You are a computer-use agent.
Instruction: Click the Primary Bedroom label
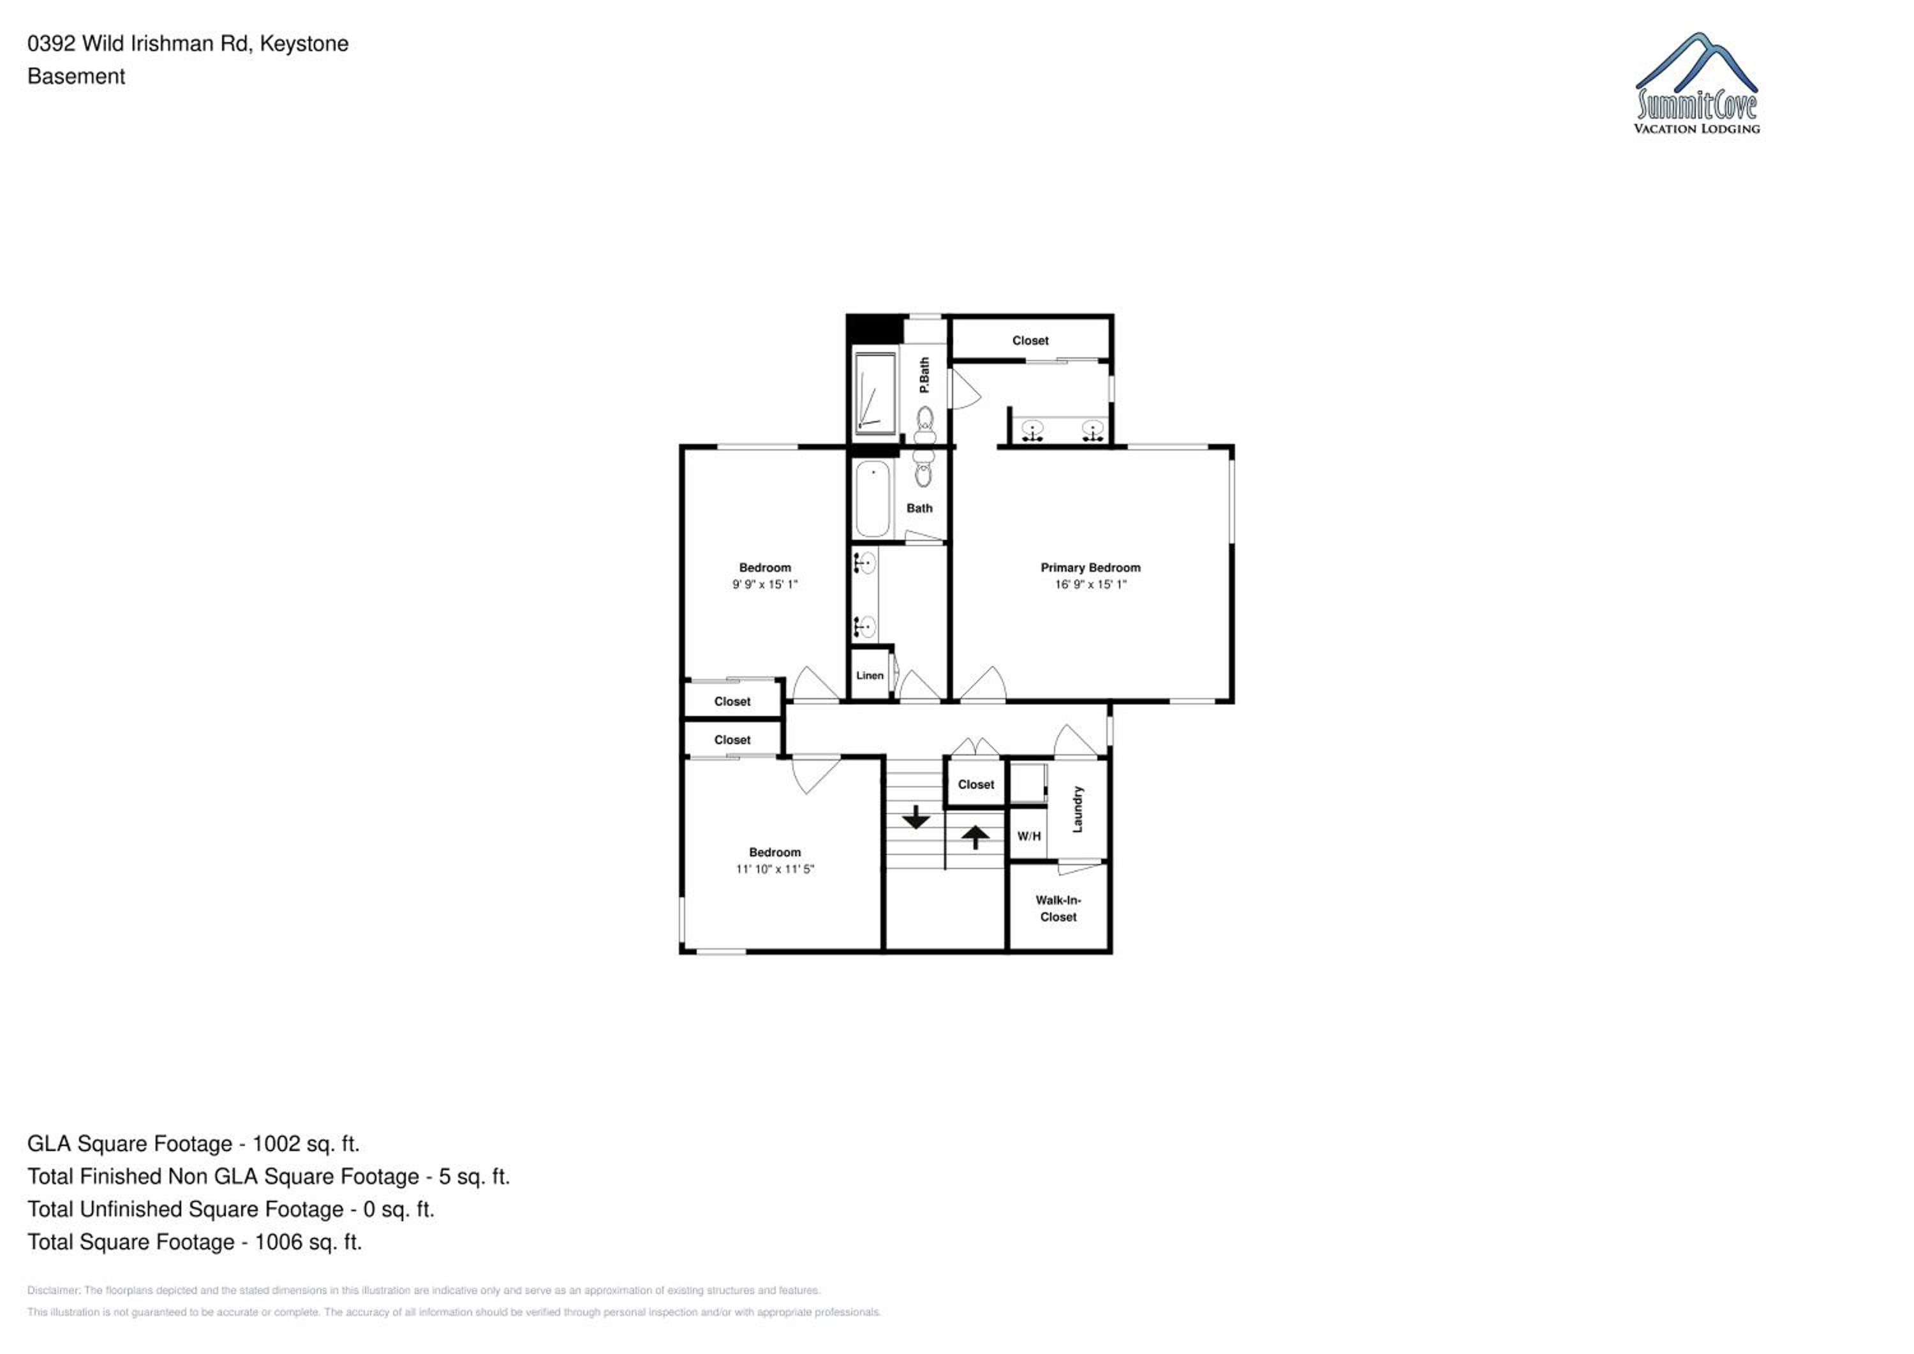point(1090,568)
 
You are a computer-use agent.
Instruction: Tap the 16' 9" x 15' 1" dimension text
point(1090,584)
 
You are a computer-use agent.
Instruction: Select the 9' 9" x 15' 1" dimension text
point(764,584)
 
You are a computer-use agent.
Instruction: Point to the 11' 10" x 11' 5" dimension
point(775,869)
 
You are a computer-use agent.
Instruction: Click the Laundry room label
point(1077,808)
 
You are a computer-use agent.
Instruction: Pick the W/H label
point(1028,837)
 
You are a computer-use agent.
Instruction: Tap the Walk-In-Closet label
point(1058,909)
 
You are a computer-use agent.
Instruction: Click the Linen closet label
point(870,675)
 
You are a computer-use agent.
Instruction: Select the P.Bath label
point(924,375)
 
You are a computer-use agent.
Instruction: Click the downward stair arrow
point(916,817)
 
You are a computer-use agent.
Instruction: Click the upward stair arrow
point(976,837)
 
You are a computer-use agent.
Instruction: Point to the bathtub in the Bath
point(873,498)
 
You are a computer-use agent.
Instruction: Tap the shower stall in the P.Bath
point(875,392)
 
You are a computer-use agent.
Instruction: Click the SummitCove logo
point(1696,84)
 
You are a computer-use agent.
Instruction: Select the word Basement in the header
point(76,77)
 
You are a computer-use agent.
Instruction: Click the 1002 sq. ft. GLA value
point(306,1144)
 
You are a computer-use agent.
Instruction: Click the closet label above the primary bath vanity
point(1030,341)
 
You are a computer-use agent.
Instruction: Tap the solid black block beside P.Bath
point(875,329)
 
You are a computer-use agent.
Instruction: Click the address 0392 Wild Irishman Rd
point(138,43)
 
